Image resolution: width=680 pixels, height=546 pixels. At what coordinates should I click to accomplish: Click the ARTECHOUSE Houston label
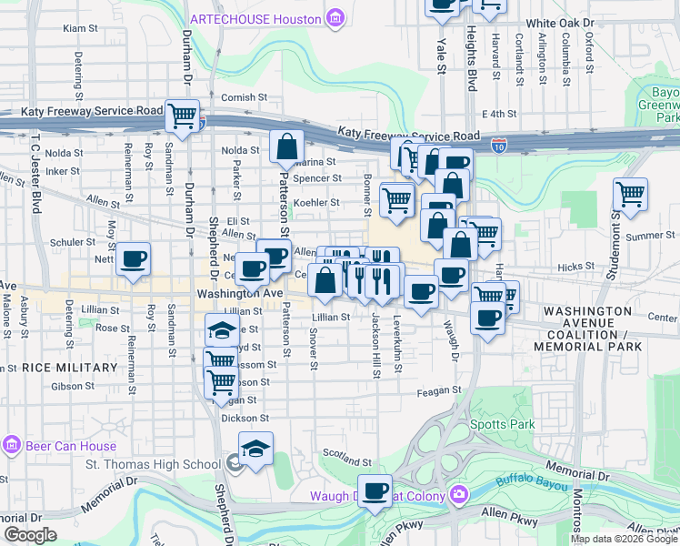click(256, 18)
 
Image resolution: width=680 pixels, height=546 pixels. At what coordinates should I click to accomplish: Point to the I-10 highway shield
click(499, 144)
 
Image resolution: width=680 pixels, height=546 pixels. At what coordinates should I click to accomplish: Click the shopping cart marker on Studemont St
click(630, 194)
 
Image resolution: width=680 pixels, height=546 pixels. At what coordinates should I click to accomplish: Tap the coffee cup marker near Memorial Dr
click(375, 491)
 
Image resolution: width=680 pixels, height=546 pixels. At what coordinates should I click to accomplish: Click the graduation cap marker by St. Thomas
click(255, 448)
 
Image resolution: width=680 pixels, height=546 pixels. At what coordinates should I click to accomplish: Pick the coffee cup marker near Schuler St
click(134, 258)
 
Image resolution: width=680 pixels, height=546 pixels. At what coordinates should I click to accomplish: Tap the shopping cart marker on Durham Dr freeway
click(183, 116)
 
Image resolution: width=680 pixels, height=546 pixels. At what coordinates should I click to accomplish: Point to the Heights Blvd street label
click(471, 56)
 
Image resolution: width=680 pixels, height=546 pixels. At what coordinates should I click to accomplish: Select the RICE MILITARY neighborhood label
click(70, 368)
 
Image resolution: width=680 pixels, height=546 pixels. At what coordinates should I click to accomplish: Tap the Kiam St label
click(80, 28)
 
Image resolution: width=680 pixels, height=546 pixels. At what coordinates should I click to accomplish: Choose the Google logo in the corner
click(29, 535)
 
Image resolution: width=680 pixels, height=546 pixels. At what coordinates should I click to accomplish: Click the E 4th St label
click(498, 114)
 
